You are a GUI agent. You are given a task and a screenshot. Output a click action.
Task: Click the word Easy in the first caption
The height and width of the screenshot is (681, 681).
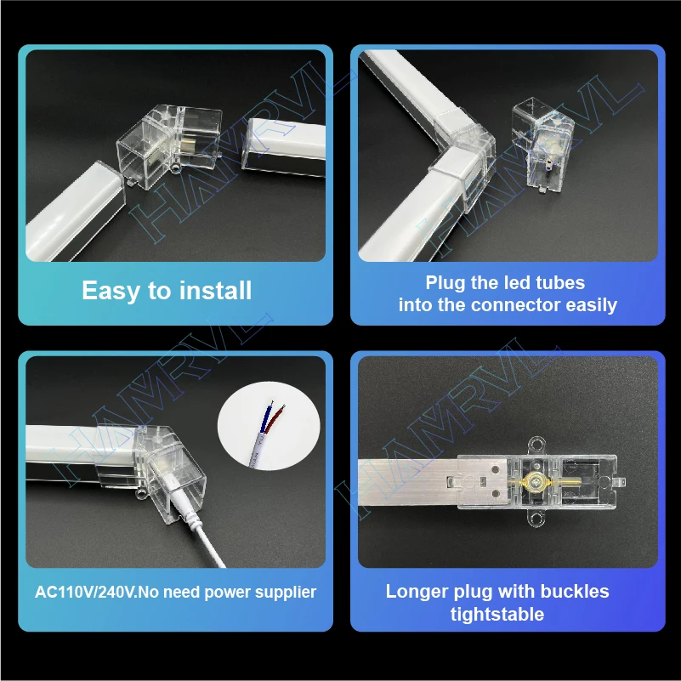[x=111, y=291]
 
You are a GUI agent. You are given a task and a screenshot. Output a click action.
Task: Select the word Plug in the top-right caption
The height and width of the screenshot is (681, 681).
[x=447, y=282]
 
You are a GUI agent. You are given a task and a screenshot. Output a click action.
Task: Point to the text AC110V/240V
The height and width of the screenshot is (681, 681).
[x=86, y=592]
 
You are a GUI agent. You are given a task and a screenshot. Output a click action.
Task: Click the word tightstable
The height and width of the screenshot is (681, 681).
[x=497, y=614]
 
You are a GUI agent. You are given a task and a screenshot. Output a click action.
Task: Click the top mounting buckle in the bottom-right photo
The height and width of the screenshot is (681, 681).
[x=536, y=442]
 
